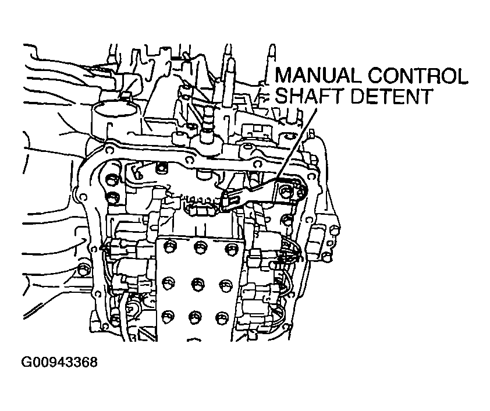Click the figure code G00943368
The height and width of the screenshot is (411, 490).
pyautogui.click(x=59, y=362)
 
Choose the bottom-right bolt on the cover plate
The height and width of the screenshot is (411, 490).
pyautogui.click(x=222, y=317)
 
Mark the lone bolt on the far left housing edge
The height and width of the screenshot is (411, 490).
pyautogui.click(x=85, y=268)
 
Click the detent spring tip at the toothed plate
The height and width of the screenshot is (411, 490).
pyautogui.click(x=228, y=201)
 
